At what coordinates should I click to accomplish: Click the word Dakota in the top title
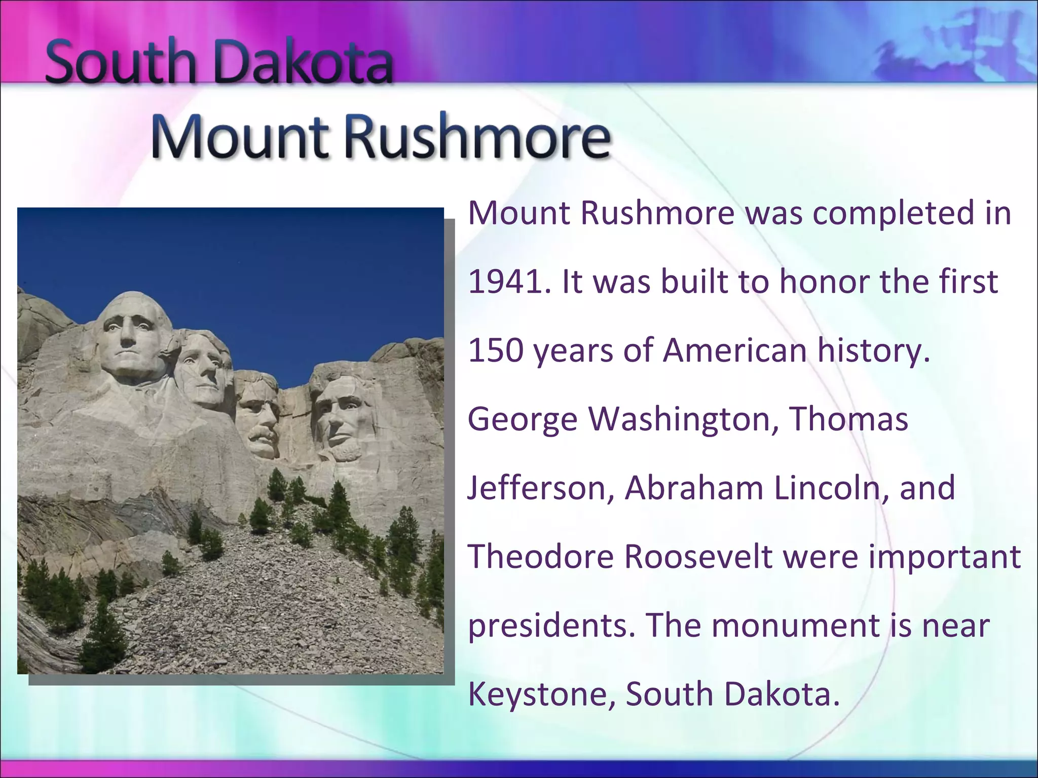pyautogui.click(x=304, y=63)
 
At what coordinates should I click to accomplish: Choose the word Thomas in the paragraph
pyautogui.click(x=848, y=419)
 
